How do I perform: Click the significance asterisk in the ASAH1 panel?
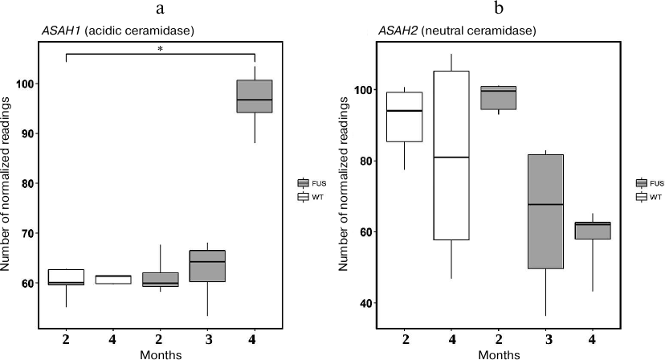click(161, 50)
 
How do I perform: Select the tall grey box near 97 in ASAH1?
click(254, 96)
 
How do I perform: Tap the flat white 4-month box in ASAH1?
click(113, 280)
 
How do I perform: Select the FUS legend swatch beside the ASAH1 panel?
click(304, 183)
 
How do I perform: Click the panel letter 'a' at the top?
click(161, 10)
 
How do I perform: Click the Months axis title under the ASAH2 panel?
click(497, 353)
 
